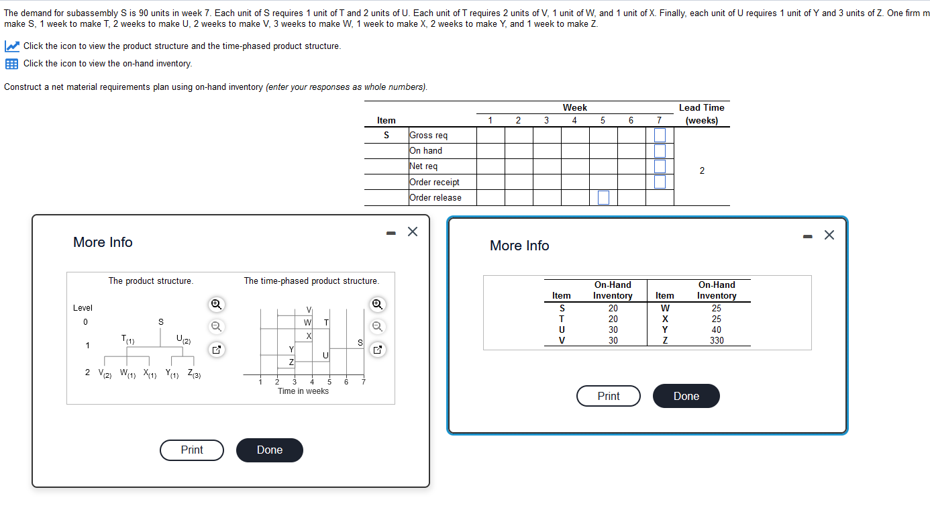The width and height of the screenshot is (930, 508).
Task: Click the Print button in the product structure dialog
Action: coord(192,450)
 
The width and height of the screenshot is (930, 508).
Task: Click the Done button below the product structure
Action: coord(269,450)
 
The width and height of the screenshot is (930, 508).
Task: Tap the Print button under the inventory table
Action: coord(608,396)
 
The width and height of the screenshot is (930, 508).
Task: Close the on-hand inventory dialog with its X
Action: coord(829,235)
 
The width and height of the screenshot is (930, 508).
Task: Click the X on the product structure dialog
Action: coord(412,232)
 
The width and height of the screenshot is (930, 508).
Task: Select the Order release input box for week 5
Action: coord(603,197)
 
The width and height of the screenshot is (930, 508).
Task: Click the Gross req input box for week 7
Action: coord(660,136)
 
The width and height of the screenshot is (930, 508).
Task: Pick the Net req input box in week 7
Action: coord(660,166)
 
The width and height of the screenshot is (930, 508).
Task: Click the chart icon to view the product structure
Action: coord(12,46)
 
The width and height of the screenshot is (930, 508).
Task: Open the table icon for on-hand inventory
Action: coord(12,64)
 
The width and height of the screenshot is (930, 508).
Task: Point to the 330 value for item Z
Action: coord(717,340)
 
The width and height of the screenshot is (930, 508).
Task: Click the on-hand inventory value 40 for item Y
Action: coord(717,329)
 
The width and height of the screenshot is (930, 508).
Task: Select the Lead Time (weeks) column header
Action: coord(701,114)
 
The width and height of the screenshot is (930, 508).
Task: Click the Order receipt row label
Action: coord(434,182)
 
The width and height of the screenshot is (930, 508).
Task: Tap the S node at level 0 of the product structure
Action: coord(160,322)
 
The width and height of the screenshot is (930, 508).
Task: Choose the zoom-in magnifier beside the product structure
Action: coord(216,304)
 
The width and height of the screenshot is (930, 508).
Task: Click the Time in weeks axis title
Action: coord(303,391)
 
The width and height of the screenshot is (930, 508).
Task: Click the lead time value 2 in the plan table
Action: coord(702,170)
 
